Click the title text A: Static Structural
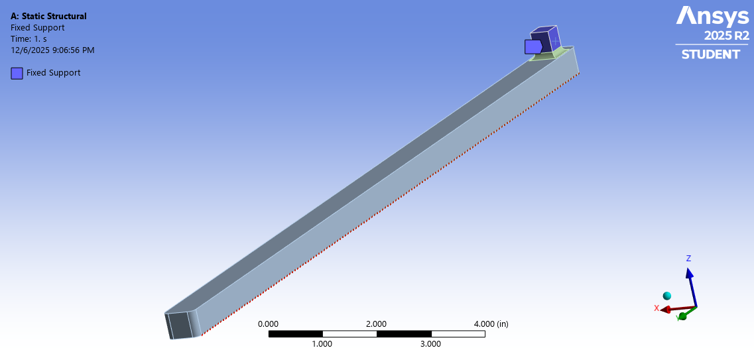coord(48,17)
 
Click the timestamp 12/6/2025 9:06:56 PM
coord(52,50)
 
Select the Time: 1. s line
coord(29,38)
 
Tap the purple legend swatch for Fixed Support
coord(17,73)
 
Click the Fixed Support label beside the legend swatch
coord(53,73)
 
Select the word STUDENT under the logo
coord(711,54)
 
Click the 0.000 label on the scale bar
coord(268,324)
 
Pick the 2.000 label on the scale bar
coord(376,324)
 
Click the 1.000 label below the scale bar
coord(322,344)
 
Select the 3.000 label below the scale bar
coord(430,344)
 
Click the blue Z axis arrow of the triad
coord(691,285)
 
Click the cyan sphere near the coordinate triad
coord(666,296)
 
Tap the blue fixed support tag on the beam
coord(533,46)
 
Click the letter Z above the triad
coord(688,259)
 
